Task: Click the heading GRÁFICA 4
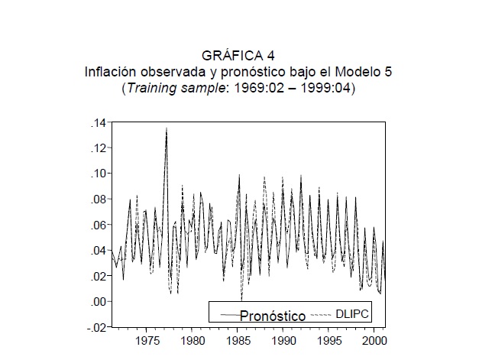tap(238, 55)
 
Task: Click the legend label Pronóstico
tap(273, 316)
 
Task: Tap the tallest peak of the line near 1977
tap(166, 128)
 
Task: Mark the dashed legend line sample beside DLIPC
tap(320, 314)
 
